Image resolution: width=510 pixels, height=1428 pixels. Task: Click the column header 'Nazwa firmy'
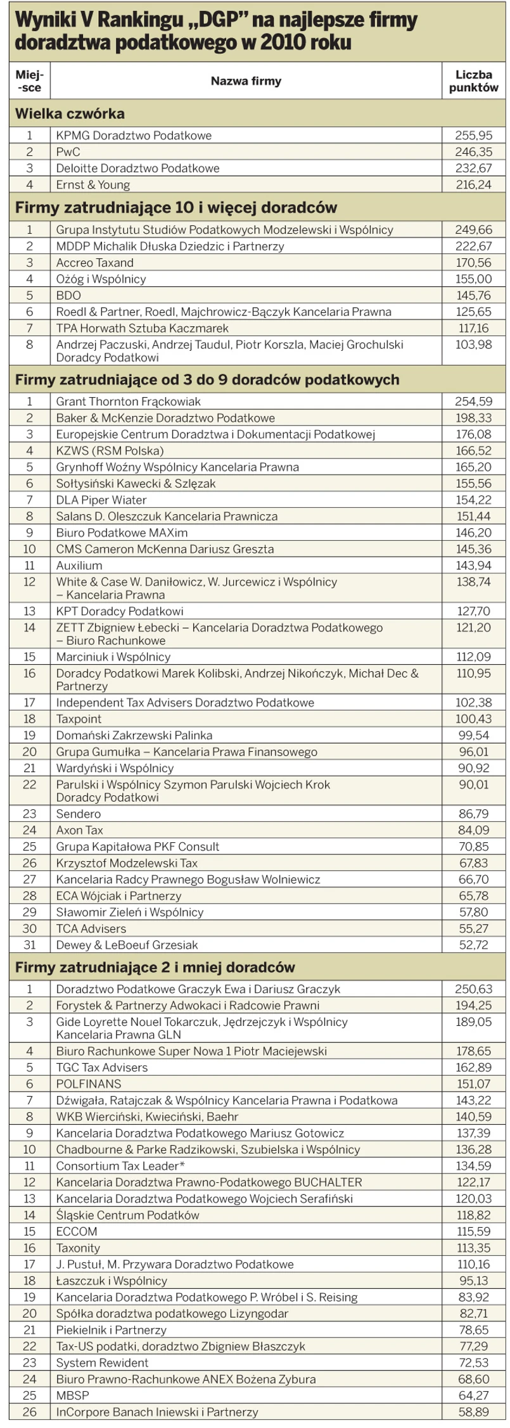click(x=246, y=81)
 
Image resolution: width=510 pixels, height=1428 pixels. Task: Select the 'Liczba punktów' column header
click(x=473, y=81)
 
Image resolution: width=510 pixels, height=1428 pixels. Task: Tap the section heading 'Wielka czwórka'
click(x=70, y=114)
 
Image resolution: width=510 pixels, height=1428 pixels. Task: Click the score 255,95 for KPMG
click(x=473, y=136)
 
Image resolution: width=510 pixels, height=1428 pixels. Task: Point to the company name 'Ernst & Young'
click(x=93, y=185)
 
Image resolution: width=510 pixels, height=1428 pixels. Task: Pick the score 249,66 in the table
click(x=473, y=230)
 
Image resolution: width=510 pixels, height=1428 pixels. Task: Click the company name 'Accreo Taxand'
click(x=95, y=263)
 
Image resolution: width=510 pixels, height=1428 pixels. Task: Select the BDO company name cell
click(x=68, y=296)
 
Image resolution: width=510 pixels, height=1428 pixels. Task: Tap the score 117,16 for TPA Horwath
click(x=473, y=329)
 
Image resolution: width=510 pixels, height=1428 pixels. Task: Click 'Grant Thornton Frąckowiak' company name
click(x=129, y=401)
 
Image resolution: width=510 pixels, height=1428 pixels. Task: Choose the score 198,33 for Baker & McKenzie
click(x=473, y=418)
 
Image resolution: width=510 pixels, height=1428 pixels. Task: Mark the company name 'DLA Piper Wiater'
click(x=101, y=500)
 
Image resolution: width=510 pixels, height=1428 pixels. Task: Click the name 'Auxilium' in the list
click(x=79, y=566)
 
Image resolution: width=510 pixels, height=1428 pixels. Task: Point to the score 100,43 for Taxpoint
click(x=473, y=719)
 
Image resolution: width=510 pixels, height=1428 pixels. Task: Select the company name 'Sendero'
click(x=79, y=814)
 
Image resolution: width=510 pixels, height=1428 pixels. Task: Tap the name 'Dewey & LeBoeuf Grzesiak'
click(x=127, y=945)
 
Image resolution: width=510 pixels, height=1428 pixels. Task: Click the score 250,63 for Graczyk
click(x=473, y=989)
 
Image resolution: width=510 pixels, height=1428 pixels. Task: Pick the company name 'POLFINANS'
click(x=89, y=1084)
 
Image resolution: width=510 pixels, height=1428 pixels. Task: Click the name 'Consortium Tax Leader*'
click(x=120, y=1166)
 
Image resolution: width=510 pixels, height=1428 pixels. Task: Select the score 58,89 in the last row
click(x=473, y=1412)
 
